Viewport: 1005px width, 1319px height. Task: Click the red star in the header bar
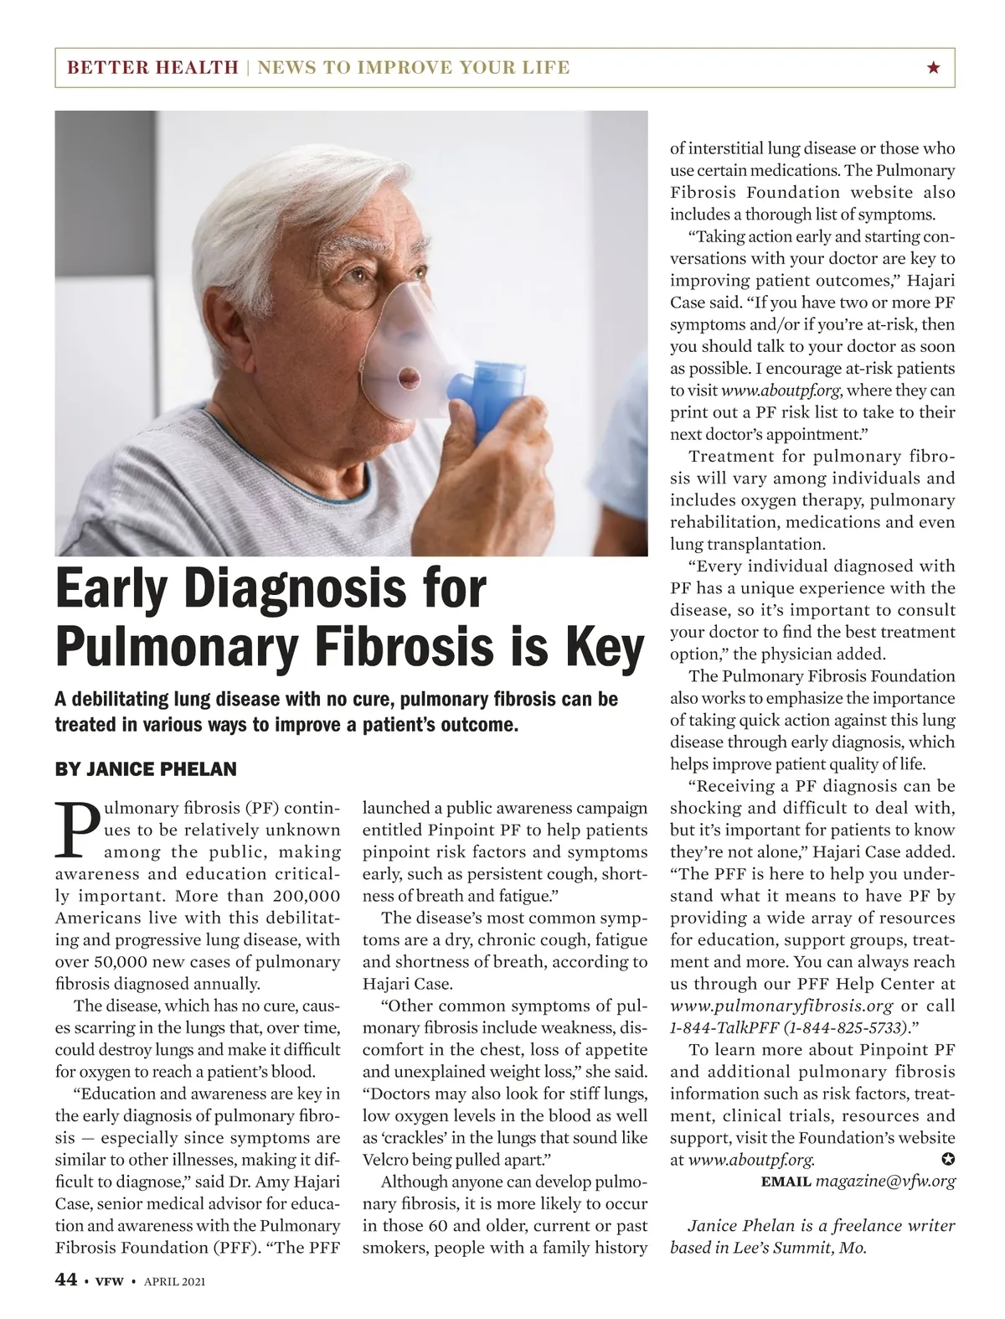click(x=933, y=68)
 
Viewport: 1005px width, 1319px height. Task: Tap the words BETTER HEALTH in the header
click(x=152, y=68)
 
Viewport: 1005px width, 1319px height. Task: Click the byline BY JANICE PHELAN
click(x=146, y=769)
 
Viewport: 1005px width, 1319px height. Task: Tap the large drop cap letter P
click(x=76, y=830)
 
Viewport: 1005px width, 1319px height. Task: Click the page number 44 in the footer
click(x=65, y=1280)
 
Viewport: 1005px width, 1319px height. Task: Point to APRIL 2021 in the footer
click(x=175, y=1281)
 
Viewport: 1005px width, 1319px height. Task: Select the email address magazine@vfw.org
click(x=885, y=1182)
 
